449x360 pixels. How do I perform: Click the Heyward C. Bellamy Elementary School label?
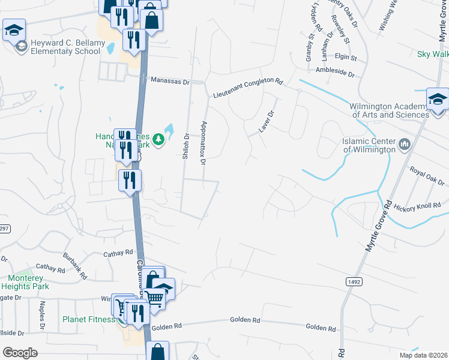click(x=63, y=47)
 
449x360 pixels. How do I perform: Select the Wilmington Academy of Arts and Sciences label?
click(x=390, y=110)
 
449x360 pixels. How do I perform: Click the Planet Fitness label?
click(x=88, y=319)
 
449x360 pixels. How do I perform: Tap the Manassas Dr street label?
click(x=170, y=80)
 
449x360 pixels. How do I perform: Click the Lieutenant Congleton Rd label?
click(x=248, y=88)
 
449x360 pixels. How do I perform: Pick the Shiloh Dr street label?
click(x=186, y=146)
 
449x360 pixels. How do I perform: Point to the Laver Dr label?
click(x=266, y=121)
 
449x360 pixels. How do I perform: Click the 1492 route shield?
click(x=354, y=281)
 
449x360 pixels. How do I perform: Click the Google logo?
click(x=20, y=352)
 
